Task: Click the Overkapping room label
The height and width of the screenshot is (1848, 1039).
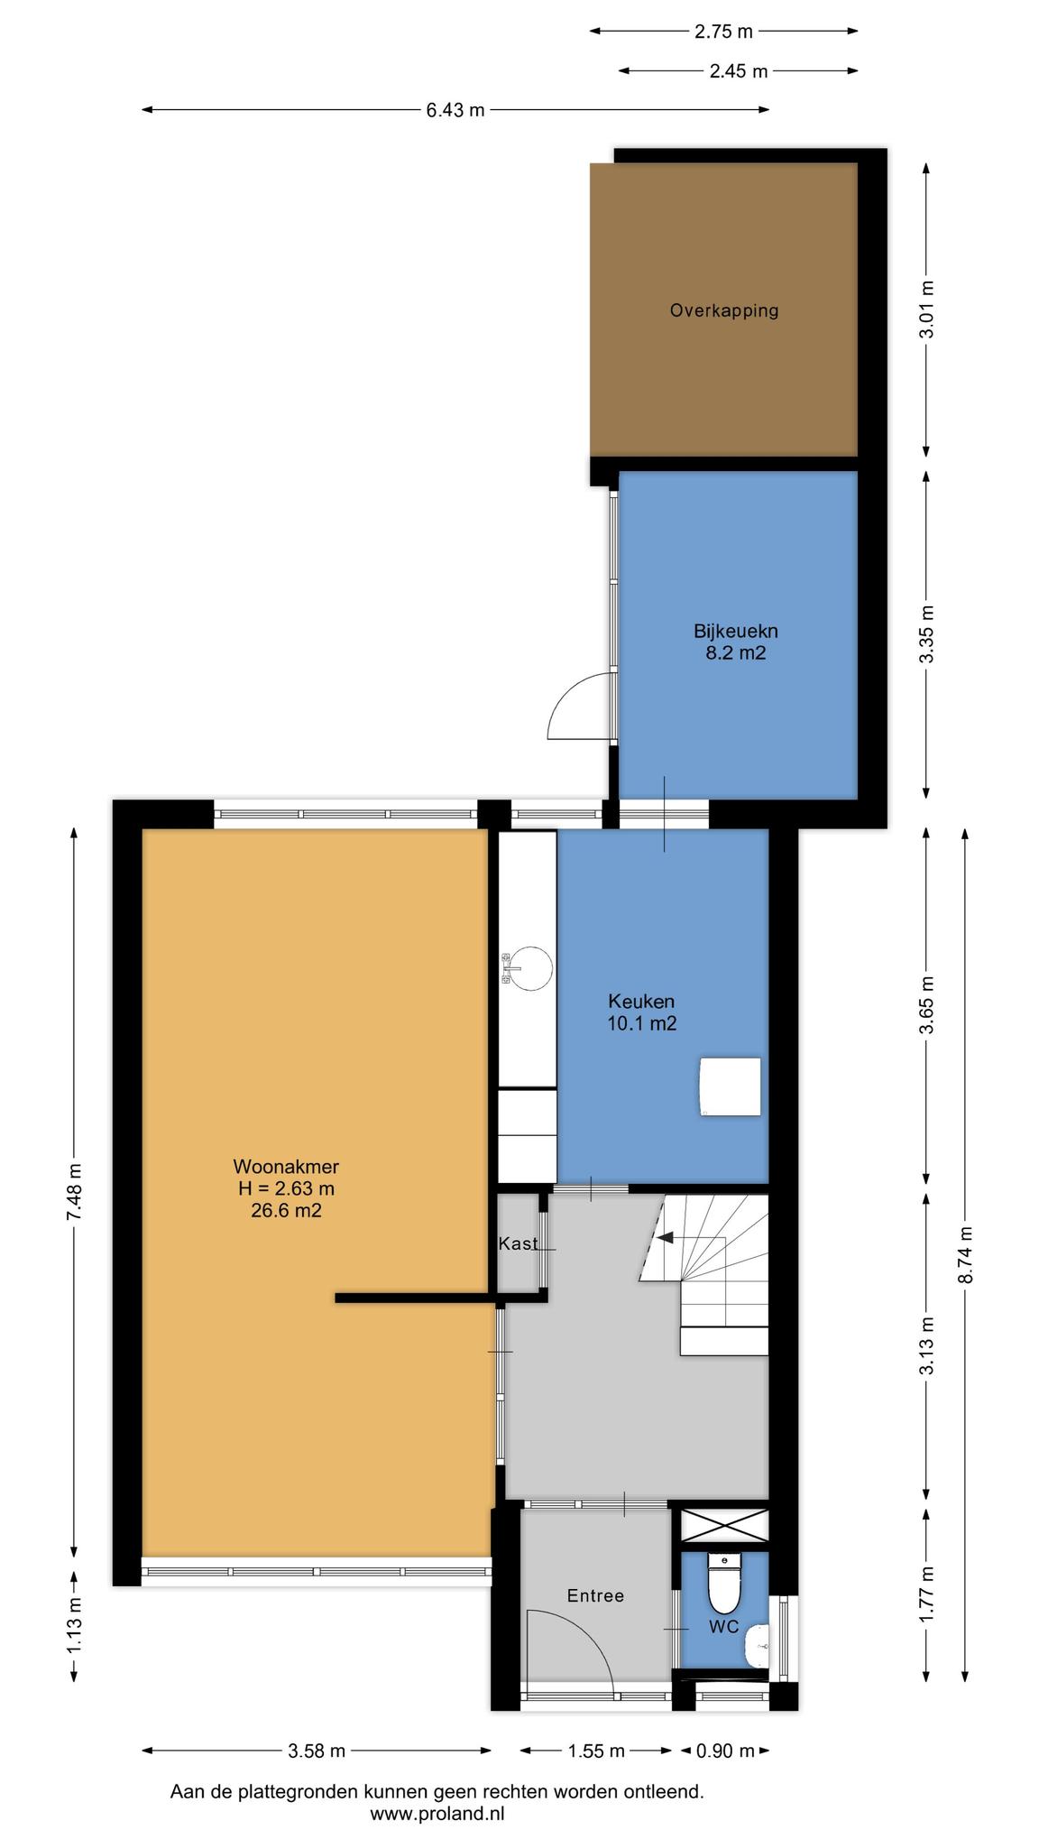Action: pyautogui.click(x=723, y=310)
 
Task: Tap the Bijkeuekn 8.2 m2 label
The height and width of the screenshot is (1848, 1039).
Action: pyautogui.click(x=735, y=642)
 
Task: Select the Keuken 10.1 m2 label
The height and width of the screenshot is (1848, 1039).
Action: pyautogui.click(x=641, y=1012)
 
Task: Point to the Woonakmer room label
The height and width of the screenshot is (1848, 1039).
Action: pyautogui.click(x=286, y=1166)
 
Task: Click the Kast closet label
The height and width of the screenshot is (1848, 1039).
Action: pyautogui.click(x=518, y=1243)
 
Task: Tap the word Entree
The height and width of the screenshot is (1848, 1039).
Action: pyautogui.click(x=595, y=1595)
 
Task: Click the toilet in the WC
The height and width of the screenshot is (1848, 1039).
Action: pyautogui.click(x=723, y=1584)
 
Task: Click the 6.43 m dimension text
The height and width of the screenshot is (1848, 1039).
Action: pyautogui.click(x=455, y=110)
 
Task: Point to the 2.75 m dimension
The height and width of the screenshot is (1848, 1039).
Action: pyautogui.click(x=723, y=32)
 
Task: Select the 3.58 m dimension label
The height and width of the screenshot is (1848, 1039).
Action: pyautogui.click(x=317, y=1751)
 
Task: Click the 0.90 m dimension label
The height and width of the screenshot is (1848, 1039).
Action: pyautogui.click(x=724, y=1751)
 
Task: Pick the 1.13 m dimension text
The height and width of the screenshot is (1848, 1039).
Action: pyautogui.click(x=74, y=1626)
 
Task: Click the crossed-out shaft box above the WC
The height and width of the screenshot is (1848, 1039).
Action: pyautogui.click(x=723, y=1525)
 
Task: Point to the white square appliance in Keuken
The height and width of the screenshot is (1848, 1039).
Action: pyautogui.click(x=730, y=1087)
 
